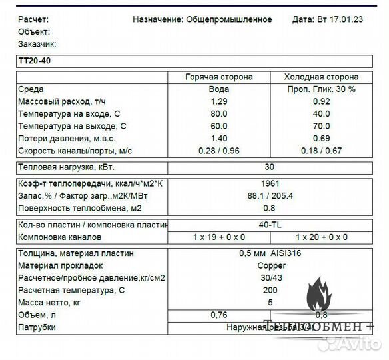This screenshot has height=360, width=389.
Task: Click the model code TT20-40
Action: tap(33, 61)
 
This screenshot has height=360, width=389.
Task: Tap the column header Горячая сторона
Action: tap(219, 77)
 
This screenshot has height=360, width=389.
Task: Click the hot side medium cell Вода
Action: tap(219, 89)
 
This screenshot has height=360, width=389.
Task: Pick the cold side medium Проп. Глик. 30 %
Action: tap(321, 89)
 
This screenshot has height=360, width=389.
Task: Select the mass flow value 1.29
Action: tap(219, 101)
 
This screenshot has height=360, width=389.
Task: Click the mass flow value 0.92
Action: tap(321, 101)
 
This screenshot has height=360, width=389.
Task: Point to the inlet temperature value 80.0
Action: tap(219, 113)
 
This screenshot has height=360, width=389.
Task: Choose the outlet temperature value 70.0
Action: tap(321, 126)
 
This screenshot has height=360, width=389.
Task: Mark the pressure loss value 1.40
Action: tap(219, 138)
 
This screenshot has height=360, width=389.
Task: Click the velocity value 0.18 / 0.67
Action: tap(321, 151)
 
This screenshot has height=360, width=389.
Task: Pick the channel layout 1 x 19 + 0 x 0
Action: tap(219, 237)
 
